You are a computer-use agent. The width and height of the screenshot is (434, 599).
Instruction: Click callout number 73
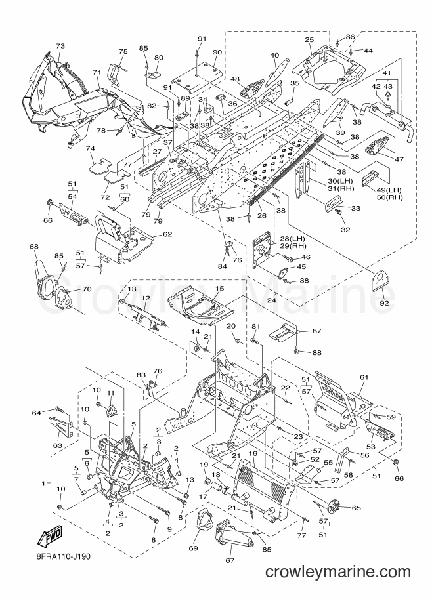click(60, 46)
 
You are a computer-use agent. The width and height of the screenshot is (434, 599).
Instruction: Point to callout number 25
click(309, 40)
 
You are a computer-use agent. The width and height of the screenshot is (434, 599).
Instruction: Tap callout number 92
click(384, 304)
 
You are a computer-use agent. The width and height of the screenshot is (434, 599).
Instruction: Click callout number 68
click(34, 247)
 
